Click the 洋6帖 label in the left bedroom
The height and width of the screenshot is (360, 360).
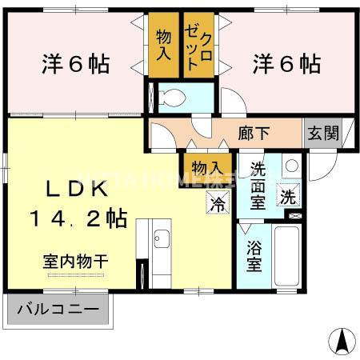75,63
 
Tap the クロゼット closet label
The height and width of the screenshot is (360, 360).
198,47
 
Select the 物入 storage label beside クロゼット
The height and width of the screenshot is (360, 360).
164,47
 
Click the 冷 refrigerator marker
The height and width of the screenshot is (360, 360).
218,202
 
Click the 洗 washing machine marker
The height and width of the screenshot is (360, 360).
287,194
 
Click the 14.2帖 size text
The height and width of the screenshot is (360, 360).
78,218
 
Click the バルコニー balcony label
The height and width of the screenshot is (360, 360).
58,309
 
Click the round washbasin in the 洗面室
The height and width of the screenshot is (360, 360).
292,166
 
